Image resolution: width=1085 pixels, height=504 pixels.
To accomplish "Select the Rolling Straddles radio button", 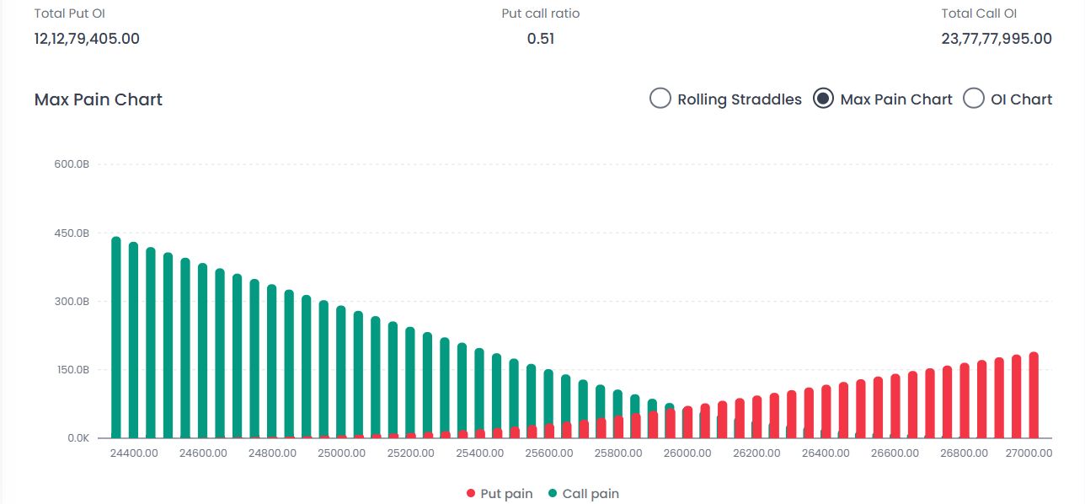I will (x=660, y=99).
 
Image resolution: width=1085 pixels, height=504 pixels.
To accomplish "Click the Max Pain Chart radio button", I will (x=823, y=99).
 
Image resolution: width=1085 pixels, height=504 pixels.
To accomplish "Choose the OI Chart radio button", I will (x=973, y=99).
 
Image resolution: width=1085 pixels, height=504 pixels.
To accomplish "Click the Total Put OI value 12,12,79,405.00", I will (x=87, y=38).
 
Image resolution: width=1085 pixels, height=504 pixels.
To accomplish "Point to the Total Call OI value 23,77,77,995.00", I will (x=997, y=38).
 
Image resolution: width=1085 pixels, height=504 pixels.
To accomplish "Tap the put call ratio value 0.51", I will (x=541, y=38).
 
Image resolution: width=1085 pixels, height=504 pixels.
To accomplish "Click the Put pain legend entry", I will (x=500, y=493).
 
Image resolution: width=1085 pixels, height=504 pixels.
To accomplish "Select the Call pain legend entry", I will (x=583, y=493).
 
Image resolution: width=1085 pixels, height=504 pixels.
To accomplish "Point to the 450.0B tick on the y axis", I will (x=72, y=233).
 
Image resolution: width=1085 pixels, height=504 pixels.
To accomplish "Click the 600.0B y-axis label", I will (x=72, y=164).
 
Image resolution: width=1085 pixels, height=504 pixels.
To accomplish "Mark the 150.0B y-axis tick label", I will (x=72, y=370).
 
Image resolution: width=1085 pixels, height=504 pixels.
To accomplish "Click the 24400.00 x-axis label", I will (x=133, y=453).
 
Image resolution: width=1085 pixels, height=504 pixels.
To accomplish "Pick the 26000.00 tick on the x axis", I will (x=687, y=453).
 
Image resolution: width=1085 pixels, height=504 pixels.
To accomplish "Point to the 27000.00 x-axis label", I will (x=1028, y=453).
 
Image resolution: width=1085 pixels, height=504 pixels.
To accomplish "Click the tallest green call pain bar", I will (x=116, y=337).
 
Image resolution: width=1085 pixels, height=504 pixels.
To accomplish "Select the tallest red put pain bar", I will (x=1034, y=396).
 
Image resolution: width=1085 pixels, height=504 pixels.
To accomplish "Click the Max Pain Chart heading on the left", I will (x=99, y=99).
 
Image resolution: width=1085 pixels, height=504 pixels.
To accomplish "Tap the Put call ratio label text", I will (x=541, y=13).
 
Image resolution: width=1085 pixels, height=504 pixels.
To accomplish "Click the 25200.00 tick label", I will (x=410, y=453).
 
